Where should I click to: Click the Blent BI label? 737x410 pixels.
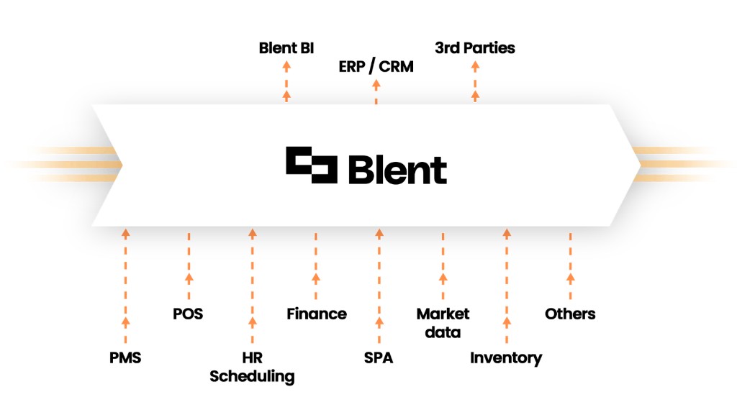[x=286, y=49]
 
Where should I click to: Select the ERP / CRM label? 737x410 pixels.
[x=376, y=67]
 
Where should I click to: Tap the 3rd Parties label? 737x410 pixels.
[x=475, y=49]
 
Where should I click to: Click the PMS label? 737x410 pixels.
[x=125, y=357]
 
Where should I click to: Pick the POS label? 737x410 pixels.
[x=188, y=314]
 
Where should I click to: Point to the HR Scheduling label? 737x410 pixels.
[x=252, y=367]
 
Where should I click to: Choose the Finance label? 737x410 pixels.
[x=316, y=314]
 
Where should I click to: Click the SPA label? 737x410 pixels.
[x=379, y=357]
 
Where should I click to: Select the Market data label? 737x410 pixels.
[x=443, y=322]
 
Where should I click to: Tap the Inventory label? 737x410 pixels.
[x=506, y=357]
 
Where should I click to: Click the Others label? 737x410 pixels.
[x=570, y=314]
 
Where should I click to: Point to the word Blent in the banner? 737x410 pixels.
[x=397, y=170]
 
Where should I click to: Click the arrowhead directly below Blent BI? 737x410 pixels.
[x=286, y=65]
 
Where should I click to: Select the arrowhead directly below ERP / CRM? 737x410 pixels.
[x=376, y=83]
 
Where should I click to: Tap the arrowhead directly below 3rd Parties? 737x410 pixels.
[x=475, y=65]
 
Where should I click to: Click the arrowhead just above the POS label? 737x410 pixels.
[x=189, y=277]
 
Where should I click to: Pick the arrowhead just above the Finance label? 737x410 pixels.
[x=316, y=277]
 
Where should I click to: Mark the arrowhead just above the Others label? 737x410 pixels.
[x=570, y=277]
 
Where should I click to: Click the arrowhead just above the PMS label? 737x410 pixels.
[x=125, y=321]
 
